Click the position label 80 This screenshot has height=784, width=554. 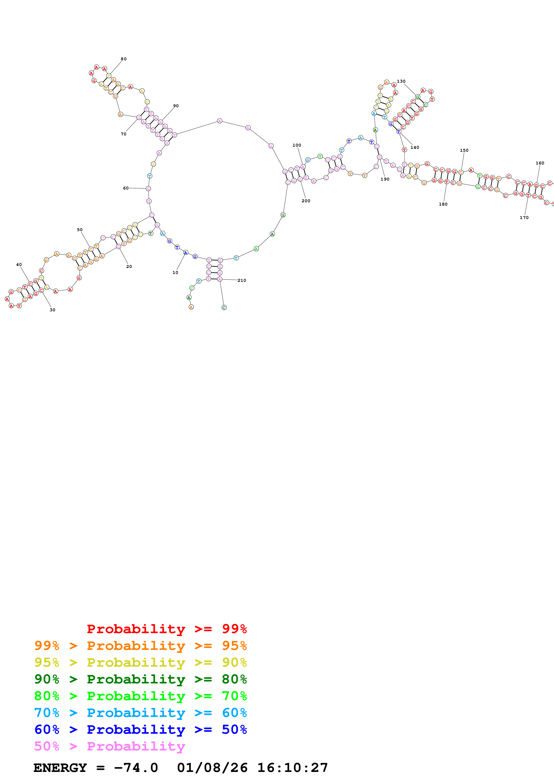point(124,59)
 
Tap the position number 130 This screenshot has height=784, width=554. point(401,81)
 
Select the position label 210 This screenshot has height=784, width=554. point(242,280)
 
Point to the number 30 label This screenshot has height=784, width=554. point(52,310)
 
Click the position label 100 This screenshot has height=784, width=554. point(297,145)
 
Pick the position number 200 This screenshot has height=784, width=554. point(306,201)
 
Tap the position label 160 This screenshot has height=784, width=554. point(540,163)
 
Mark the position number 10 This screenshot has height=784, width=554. point(175,272)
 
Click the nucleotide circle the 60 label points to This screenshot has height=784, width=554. point(148,188)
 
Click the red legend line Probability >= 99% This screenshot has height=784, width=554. point(166,629)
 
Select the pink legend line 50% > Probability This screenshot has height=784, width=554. point(110,746)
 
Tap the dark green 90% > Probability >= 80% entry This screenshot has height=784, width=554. point(140,679)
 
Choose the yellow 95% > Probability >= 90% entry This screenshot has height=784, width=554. point(140,662)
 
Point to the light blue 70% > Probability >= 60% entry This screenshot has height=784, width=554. point(140,713)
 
